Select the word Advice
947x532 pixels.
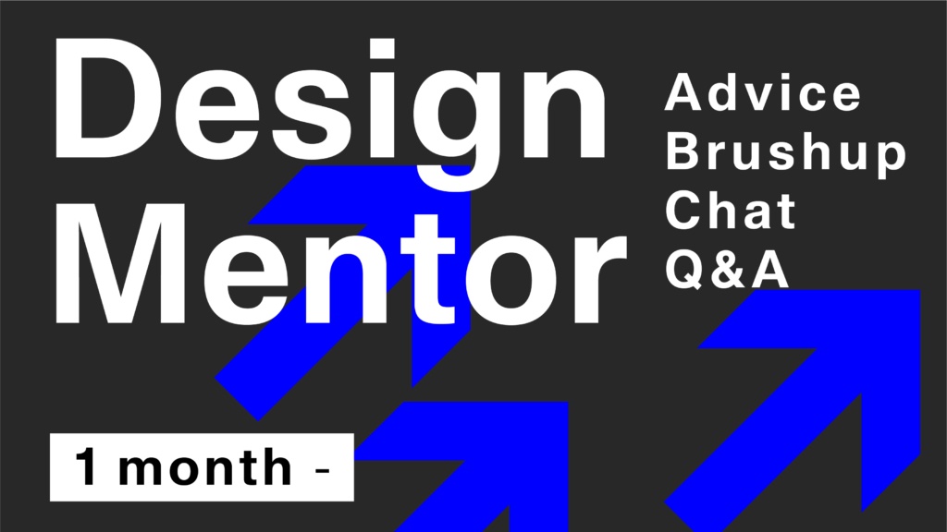(763, 92)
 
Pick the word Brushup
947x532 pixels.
(786, 153)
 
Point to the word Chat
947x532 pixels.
(731, 210)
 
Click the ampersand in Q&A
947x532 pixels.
(728, 269)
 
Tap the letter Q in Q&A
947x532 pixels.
(685, 269)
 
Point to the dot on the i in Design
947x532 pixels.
(381, 48)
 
